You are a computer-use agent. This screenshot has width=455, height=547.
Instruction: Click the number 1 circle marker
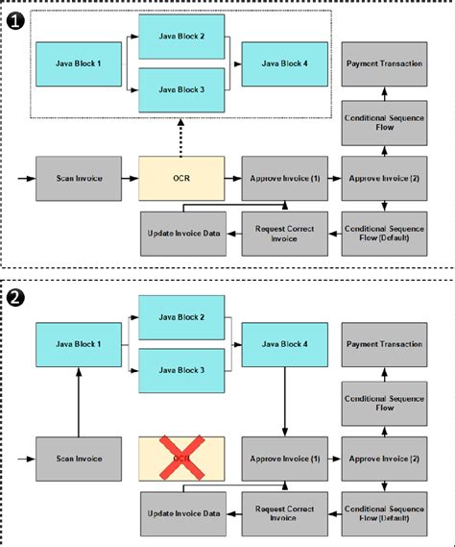tap(16, 18)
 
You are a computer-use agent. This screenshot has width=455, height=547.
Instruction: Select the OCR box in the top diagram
tap(181, 178)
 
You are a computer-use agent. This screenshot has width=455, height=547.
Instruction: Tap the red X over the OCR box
tap(181, 459)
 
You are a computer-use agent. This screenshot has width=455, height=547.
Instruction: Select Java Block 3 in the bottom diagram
tap(181, 369)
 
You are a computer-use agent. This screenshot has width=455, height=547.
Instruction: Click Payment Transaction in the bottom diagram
tap(384, 343)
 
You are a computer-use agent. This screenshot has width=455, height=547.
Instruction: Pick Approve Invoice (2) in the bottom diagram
tap(384, 459)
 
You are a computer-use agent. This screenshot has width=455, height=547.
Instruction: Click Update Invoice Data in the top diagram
tap(181, 233)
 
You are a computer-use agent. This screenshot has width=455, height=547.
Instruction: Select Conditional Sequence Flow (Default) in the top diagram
tap(384, 233)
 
